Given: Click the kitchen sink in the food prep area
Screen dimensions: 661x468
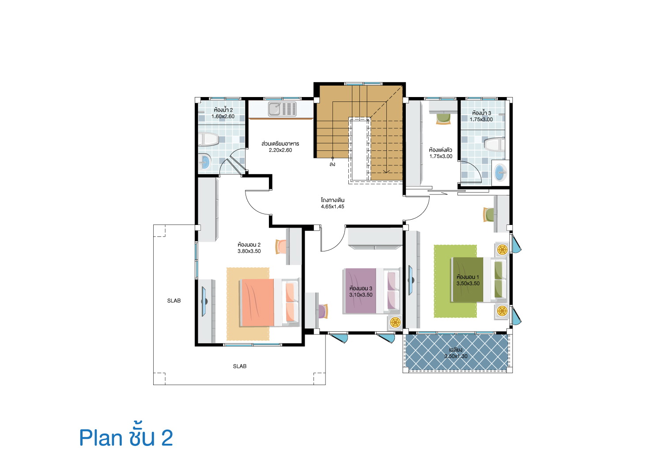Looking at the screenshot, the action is [282, 109].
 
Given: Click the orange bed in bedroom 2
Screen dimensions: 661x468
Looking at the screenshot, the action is [270, 303].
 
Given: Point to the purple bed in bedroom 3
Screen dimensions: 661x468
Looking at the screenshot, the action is [372, 291].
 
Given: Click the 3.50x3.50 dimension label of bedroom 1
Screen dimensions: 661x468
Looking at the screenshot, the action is [468, 284].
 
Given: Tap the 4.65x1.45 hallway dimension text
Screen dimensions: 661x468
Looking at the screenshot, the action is [332, 206].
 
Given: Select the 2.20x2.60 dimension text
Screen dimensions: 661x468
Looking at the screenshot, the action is [280, 150].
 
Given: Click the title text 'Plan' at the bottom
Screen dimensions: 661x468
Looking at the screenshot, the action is [101, 438].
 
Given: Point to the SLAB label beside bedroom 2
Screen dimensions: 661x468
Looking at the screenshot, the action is [174, 300].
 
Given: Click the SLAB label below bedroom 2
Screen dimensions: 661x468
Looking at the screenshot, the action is [240, 366].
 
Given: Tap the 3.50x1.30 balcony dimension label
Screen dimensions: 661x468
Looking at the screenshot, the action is [456, 356].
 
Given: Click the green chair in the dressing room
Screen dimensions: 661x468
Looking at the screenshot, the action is [443, 119].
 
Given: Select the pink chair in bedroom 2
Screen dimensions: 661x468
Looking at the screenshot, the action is [281, 247].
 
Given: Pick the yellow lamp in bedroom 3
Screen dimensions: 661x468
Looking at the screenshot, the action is [395, 323].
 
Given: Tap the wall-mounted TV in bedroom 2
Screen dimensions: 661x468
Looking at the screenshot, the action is [204, 301].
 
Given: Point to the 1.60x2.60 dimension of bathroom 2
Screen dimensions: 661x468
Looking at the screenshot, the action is [223, 116].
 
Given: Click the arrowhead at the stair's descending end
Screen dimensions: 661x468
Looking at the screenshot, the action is [386, 172].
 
